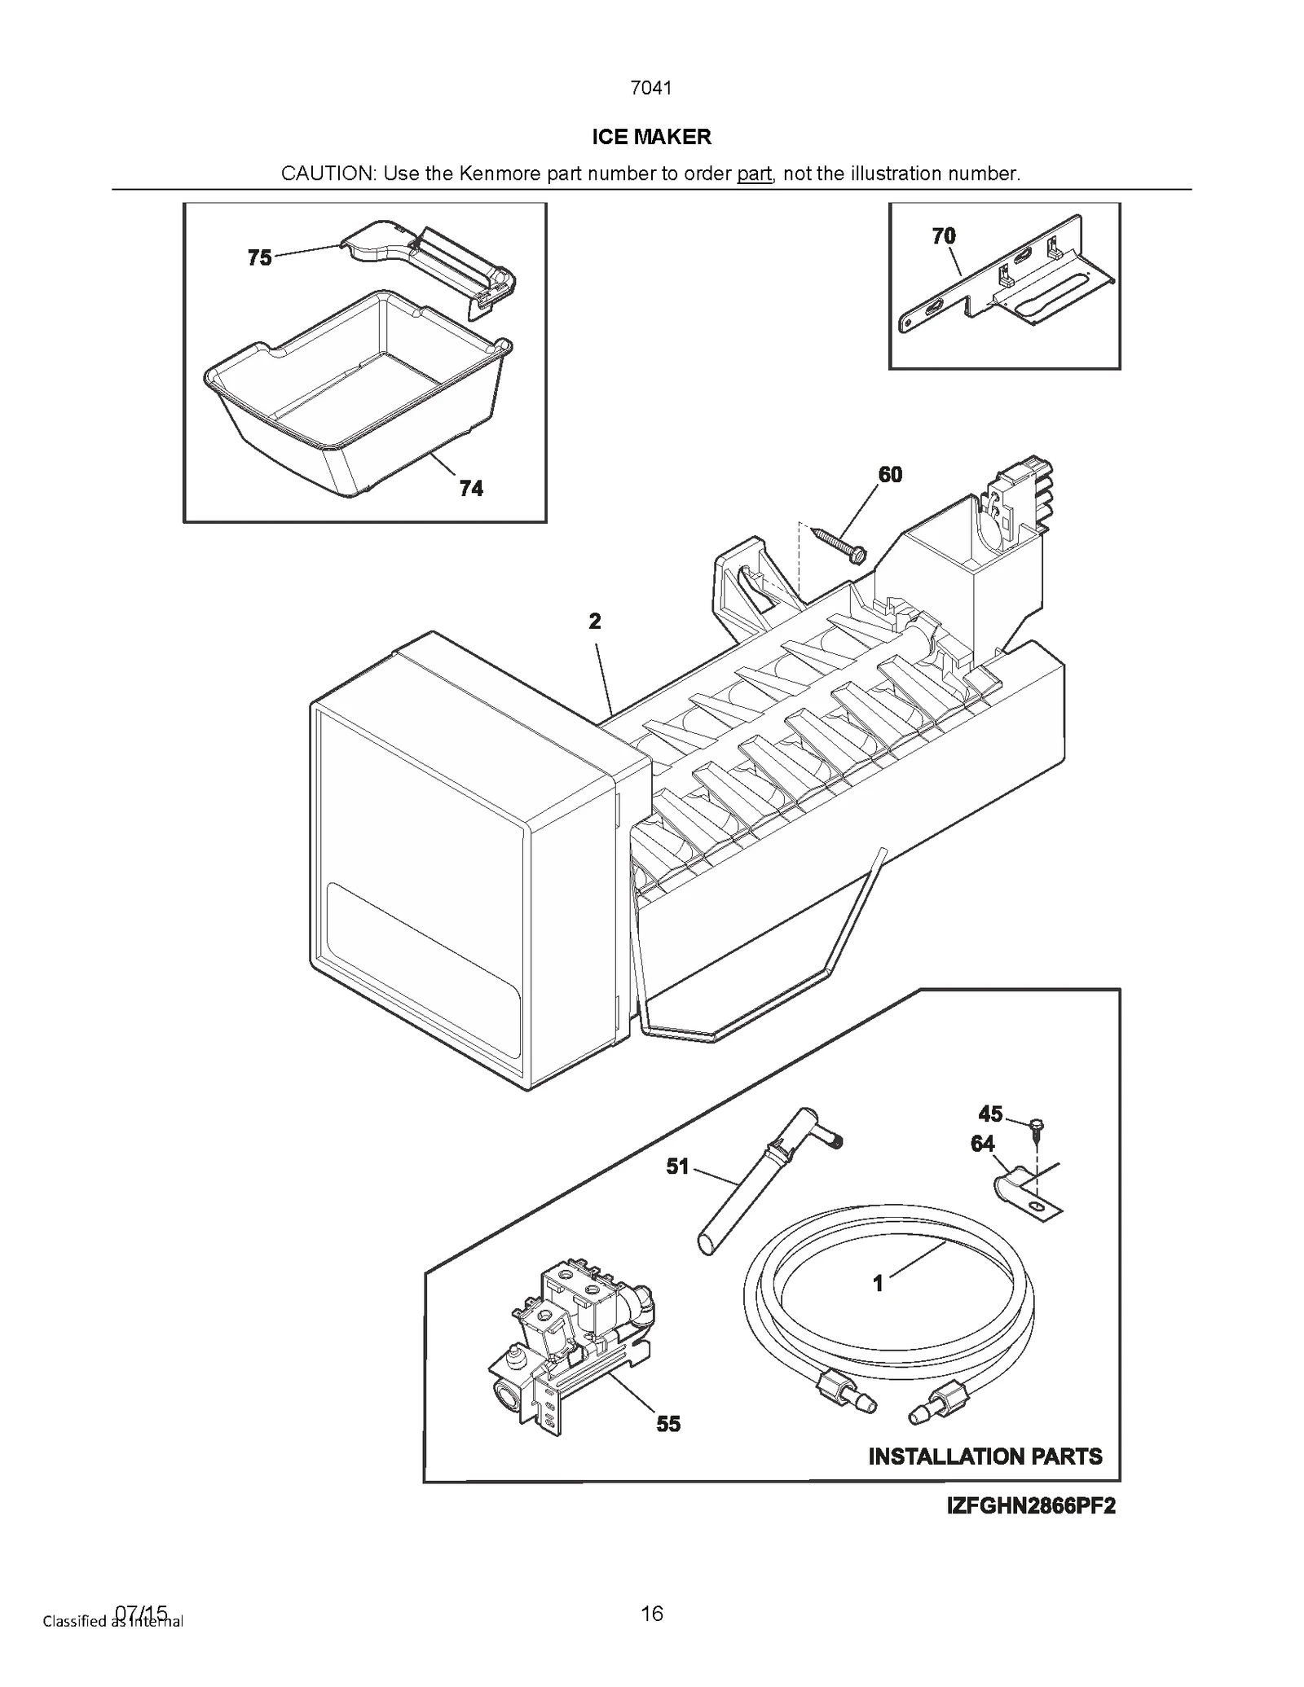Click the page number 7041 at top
(650, 88)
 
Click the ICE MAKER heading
(651, 137)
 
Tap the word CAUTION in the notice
(326, 174)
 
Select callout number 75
(259, 258)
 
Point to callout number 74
(470, 489)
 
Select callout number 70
(943, 236)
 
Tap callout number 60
(890, 475)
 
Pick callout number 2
(595, 622)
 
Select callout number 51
(677, 1167)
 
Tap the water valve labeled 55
(570, 1344)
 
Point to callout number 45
(990, 1114)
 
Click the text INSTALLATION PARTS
(985, 1456)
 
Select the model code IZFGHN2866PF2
(1030, 1506)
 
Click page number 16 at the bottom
(652, 1636)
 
